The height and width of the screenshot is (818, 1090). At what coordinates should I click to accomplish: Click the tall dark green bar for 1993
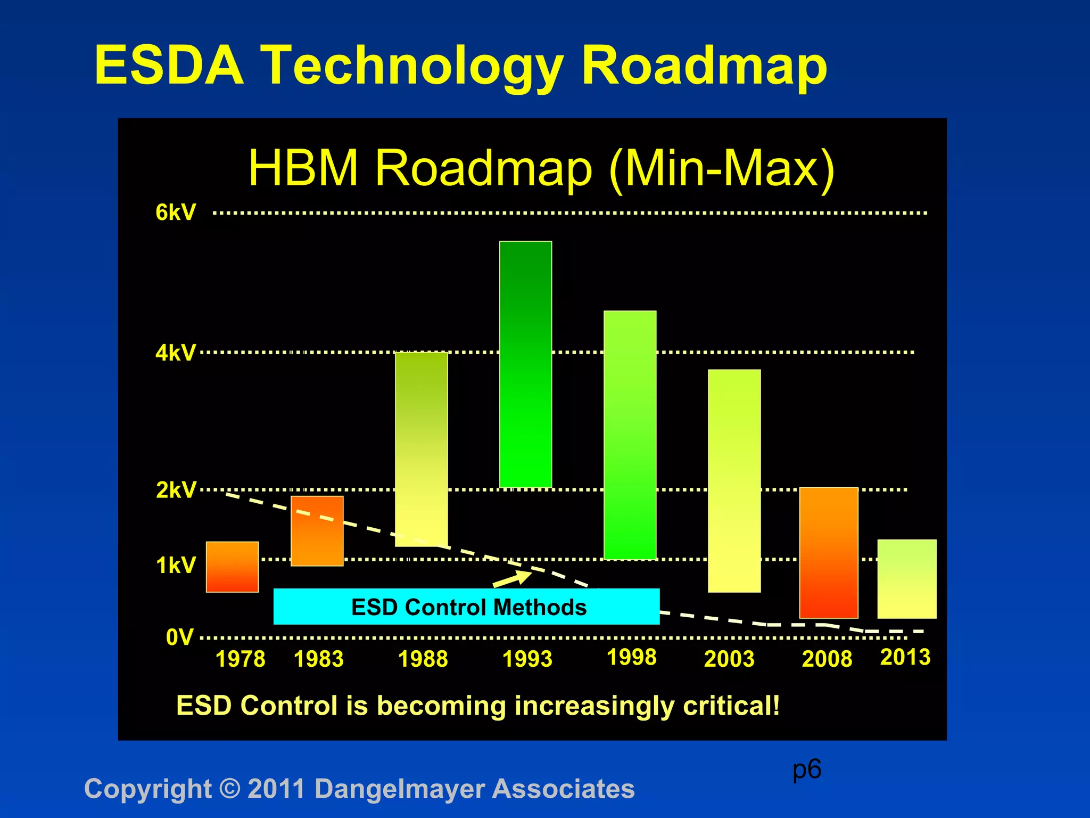(x=525, y=364)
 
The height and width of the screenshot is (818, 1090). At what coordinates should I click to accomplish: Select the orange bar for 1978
(x=232, y=567)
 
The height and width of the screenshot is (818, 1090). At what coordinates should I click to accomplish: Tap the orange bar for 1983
(x=317, y=531)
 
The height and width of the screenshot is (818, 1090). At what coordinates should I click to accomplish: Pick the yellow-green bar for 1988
(x=421, y=449)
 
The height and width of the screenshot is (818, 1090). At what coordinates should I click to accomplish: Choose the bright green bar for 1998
(x=630, y=435)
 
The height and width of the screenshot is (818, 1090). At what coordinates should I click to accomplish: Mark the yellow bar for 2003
(x=734, y=480)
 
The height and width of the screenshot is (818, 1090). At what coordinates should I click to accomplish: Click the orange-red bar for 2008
(x=828, y=552)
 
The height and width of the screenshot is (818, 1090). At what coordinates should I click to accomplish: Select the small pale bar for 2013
(x=906, y=579)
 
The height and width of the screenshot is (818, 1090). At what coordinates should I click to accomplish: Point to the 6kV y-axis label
(x=176, y=212)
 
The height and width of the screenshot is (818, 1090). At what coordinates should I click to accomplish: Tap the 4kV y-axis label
(x=176, y=353)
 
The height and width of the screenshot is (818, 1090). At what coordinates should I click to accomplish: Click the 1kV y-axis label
(x=176, y=565)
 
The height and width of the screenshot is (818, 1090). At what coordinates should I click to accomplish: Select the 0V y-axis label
(x=179, y=637)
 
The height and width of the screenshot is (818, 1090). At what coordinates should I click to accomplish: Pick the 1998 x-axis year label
(x=632, y=657)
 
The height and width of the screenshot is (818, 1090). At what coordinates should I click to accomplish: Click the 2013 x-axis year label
(x=905, y=657)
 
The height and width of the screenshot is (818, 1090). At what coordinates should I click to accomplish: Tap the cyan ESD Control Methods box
(x=466, y=607)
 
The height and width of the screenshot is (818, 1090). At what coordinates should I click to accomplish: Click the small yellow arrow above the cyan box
(x=512, y=579)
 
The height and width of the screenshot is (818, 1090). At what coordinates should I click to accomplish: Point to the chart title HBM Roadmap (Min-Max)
(x=541, y=168)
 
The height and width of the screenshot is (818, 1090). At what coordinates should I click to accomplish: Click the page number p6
(x=806, y=770)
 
